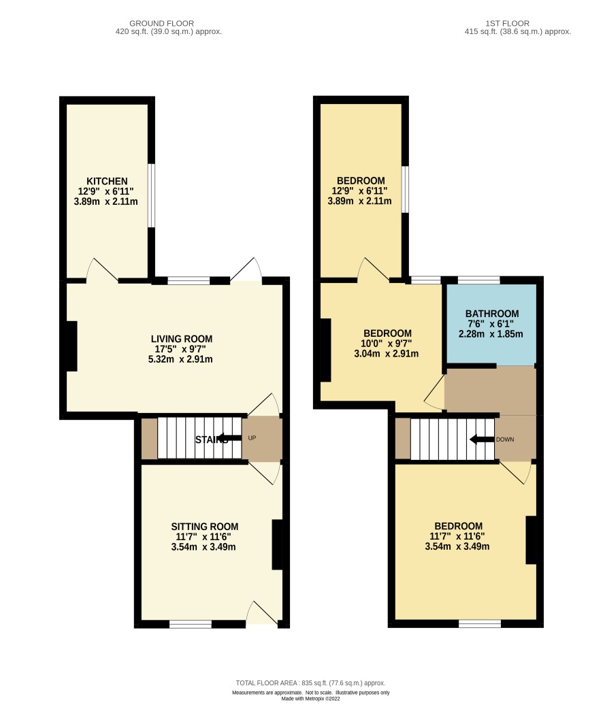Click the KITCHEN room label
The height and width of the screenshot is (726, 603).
[107, 181]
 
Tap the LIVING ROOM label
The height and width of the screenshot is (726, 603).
[182, 339]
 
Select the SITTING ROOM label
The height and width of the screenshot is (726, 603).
[205, 527]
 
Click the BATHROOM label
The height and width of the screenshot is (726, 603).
[492, 314]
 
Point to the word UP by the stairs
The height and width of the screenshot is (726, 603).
[252, 438]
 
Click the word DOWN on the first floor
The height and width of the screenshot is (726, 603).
[505, 440]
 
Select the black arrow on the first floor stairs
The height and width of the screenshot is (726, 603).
[482, 440]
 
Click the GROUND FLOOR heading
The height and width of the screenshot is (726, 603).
[161, 23]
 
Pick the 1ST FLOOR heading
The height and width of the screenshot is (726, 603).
[507, 23]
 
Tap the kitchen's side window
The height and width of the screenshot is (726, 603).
[151, 195]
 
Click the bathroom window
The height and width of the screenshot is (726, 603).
[479, 280]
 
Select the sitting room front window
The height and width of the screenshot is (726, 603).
[191, 624]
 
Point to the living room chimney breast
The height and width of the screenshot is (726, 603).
[71, 346]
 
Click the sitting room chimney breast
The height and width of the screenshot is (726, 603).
[277, 544]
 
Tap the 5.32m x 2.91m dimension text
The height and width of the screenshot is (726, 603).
[180, 359]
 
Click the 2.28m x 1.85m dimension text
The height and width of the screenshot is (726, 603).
[491, 334]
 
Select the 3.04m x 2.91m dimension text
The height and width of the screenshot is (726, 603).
[387, 354]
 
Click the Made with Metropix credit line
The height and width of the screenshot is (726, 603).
[311, 699]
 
